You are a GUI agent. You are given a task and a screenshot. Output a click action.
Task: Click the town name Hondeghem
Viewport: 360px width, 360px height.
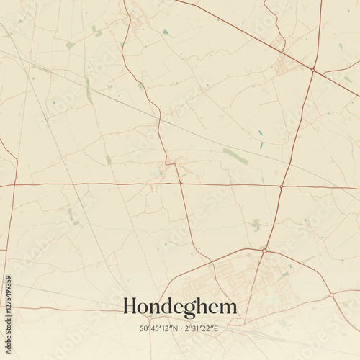pyautogui.click(x=179, y=307)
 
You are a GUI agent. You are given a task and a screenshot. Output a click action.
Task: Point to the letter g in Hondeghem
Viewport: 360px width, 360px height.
pyautogui.click(x=192, y=310)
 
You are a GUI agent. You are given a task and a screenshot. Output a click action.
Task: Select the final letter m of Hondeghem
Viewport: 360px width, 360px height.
pyautogui.click(x=227, y=307)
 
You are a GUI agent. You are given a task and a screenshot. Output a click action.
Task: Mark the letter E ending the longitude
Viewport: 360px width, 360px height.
pyautogui.click(x=215, y=328)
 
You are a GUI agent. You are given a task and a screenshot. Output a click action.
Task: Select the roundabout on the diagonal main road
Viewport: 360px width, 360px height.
pyautogui.click(x=313, y=70)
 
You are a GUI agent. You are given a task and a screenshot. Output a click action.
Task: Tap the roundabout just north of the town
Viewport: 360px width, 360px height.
pyautogui.click(x=264, y=250)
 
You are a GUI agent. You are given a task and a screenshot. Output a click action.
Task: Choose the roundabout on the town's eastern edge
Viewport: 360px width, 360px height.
pyautogui.click(x=331, y=294)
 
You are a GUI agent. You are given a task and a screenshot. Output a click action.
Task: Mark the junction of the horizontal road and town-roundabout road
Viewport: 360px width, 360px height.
pyautogui.click(x=280, y=186)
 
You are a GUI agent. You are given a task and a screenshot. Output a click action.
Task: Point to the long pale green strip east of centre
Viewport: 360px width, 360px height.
pyautogui.click(x=235, y=156)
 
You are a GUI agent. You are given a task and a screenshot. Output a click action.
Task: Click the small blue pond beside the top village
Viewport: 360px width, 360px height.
pyautogui.click(x=166, y=32)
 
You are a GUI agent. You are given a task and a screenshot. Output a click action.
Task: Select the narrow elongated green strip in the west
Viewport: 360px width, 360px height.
pyautogui.click(x=88, y=89)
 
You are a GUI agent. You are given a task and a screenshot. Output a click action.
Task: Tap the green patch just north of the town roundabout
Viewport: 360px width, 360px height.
pyautogui.click(x=256, y=225)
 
